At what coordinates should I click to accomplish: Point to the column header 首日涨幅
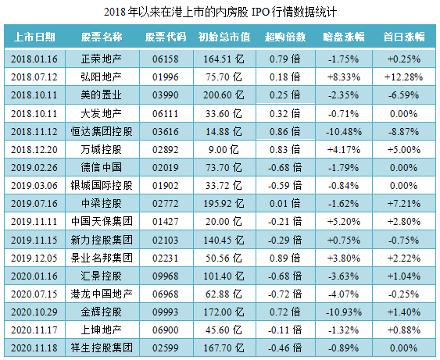(x=404, y=37)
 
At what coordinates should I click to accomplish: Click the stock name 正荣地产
(x=102, y=59)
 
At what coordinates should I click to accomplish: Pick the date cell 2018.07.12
(x=36, y=77)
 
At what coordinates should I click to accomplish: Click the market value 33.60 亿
(x=224, y=112)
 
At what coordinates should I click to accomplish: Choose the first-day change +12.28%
(x=404, y=77)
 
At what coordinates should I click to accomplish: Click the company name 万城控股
(x=102, y=148)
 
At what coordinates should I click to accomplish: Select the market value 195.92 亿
(x=224, y=203)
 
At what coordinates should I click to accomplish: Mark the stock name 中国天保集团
(x=102, y=221)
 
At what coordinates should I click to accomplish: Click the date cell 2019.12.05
(x=36, y=257)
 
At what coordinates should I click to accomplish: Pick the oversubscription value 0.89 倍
(x=280, y=257)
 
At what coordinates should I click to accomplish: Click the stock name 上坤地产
(x=102, y=329)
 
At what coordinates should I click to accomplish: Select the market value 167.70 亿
(x=224, y=347)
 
